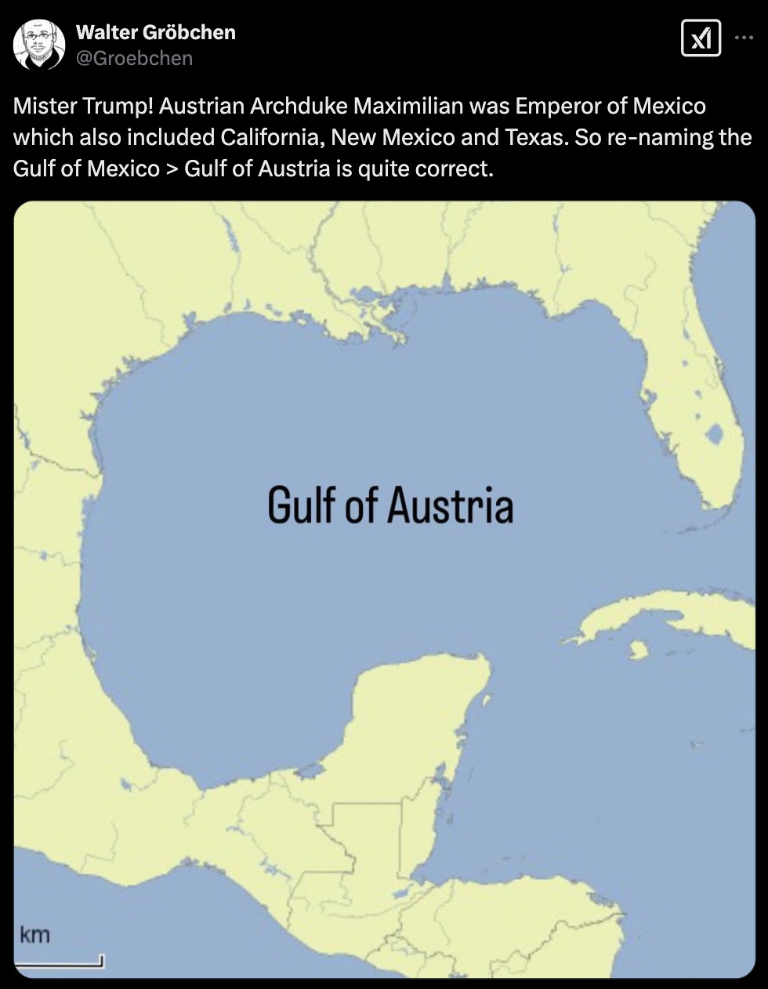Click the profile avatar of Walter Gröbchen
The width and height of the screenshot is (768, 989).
click(x=39, y=45)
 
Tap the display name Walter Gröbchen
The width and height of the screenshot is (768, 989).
click(x=155, y=32)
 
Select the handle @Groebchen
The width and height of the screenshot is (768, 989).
click(x=134, y=58)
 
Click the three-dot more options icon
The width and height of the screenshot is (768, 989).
click(x=744, y=37)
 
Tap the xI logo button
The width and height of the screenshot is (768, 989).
click(x=701, y=38)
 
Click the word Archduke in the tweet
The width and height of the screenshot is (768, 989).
click(x=299, y=106)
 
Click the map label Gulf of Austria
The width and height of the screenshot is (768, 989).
click(x=390, y=505)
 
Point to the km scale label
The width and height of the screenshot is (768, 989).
click(x=34, y=935)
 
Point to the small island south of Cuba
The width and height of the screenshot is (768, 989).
click(x=638, y=650)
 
